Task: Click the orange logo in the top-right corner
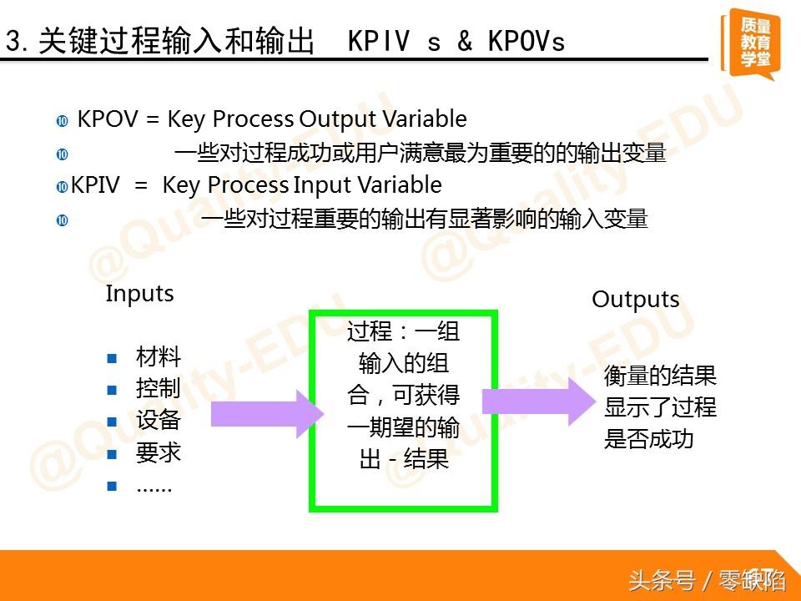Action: [x=750, y=43]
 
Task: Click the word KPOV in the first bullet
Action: [x=108, y=119]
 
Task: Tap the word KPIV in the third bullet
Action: [x=95, y=185]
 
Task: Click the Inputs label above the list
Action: [x=139, y=295]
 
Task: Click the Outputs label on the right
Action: [x=636, y=300]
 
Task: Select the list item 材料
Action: [x=159, y=356]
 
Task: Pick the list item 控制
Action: [x=159, y=388]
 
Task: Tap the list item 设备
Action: [x=159, y=421]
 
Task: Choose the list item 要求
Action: [x=159, y=452]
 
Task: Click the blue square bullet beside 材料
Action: [x=112, y=358]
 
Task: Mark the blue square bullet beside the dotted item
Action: [x=112, y=486]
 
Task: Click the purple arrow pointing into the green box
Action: [x=268, y=414]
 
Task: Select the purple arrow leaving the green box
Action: [x=539, y=402]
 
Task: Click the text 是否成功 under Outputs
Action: [x=649, y=439]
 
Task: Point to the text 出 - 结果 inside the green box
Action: [x=404, y=458]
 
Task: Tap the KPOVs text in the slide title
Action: [x=526, y=42]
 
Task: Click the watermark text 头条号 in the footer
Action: [x=662, y=581]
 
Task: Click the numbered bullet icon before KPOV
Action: [x=63, y=121]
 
